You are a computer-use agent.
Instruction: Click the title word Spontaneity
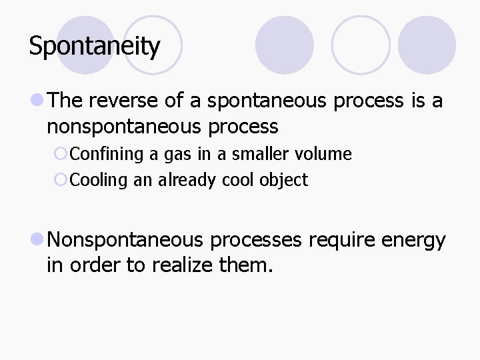(95, 47)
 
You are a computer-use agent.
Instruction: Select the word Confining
(107, 154)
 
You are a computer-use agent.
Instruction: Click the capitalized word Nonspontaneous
(127, 240)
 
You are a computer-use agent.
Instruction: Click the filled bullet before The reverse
(37, 101)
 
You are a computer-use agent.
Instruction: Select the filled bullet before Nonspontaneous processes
(37, 240)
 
